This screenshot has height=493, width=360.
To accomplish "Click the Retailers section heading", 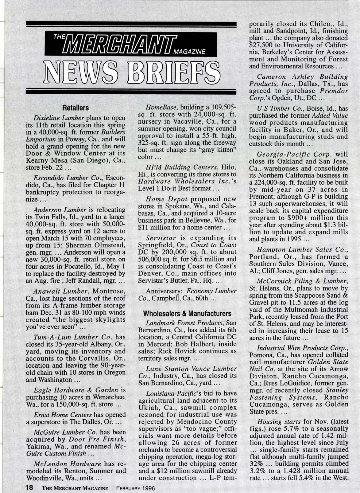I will click(x=75, y=108).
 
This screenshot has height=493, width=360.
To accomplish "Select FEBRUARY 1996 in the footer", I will click(x=135, y=488).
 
